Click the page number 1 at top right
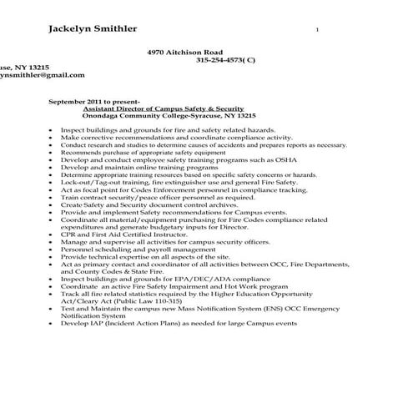[x=316, y=29]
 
